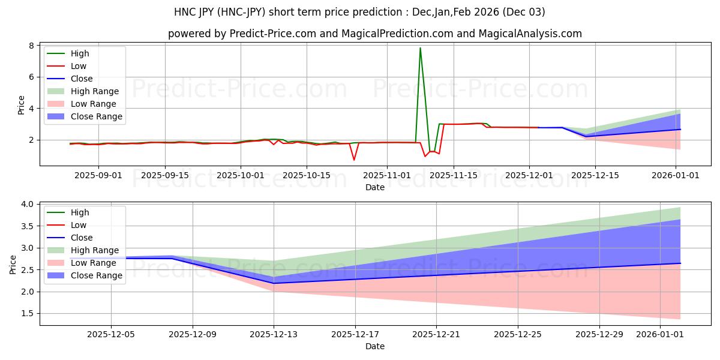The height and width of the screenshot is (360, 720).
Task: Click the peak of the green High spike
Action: click(420, 48)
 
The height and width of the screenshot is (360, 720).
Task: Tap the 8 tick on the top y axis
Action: click(34, 46)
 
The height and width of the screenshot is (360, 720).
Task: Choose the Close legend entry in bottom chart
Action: click(81, 238)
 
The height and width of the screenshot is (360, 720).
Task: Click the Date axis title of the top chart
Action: click(374, 187)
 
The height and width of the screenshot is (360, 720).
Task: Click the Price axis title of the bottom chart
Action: click(13, 264)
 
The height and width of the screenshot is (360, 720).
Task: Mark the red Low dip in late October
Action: click(354, 160)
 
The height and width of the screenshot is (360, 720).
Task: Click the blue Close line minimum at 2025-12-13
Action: click(274, 283)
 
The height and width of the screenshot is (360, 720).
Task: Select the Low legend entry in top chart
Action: click(78, 66)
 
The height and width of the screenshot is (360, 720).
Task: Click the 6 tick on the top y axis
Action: click(34, 77)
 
